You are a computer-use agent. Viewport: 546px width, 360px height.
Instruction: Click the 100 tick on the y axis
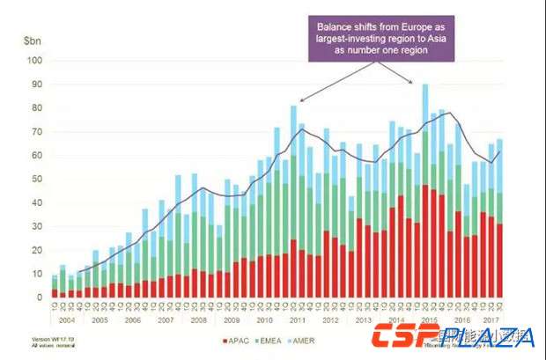pyautogui.click(x=34, y=61)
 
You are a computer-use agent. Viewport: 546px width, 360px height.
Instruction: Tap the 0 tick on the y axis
pyautogui.click(x=39, y=298)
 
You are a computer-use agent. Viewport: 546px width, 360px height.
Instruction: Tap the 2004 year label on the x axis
pyautogui.click(x=67, y=321)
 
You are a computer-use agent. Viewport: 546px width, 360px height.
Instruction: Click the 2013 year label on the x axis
pyautogui.click(x=364, y=321)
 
